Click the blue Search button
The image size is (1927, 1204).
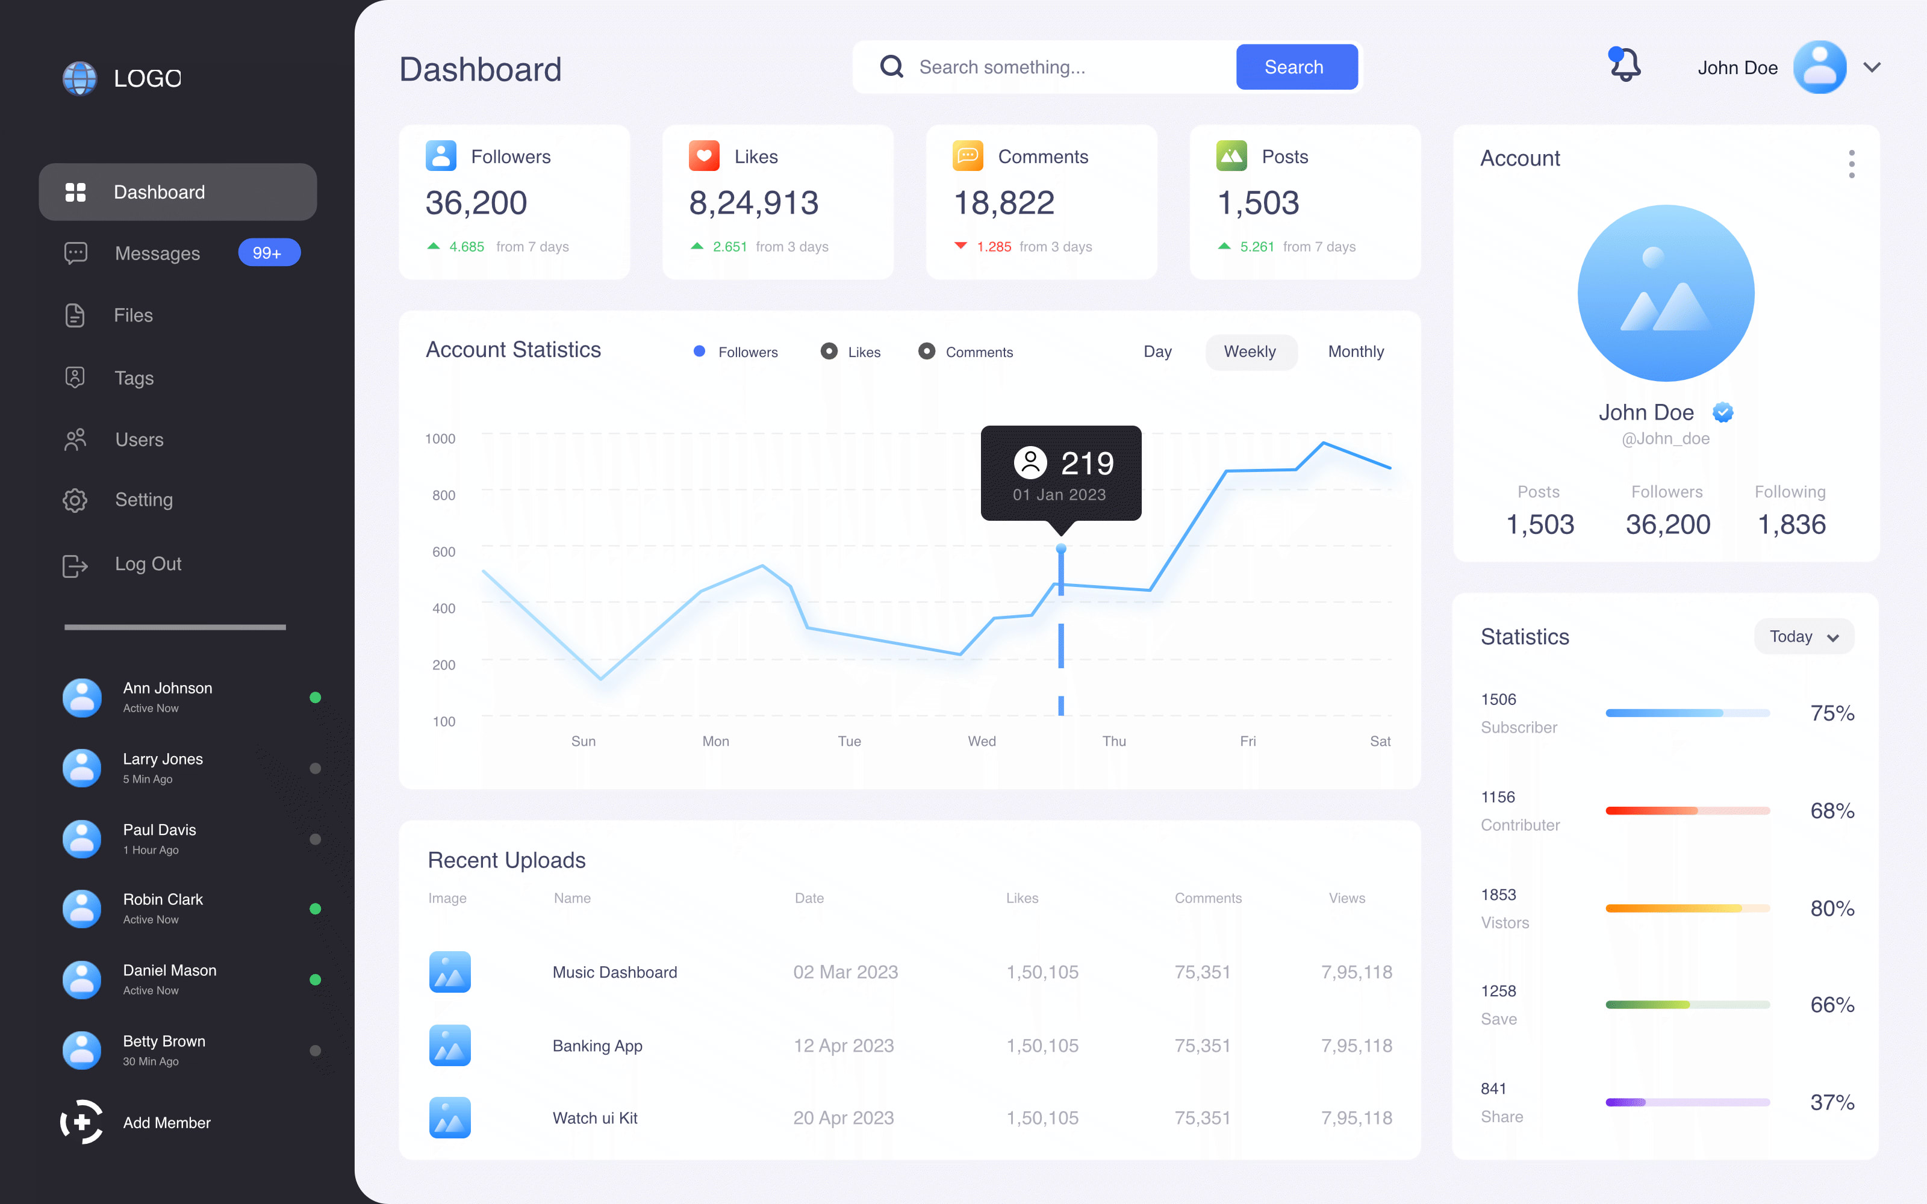coord(1295,67)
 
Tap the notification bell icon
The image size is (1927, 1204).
coord(1625,65)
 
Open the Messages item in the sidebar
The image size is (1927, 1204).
coord(157,253)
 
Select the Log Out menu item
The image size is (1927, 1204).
coord(148,564)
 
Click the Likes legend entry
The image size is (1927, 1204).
coord(852,352)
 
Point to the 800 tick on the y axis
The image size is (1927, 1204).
coord(444,495)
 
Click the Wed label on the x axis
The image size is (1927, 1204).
coord(982,741)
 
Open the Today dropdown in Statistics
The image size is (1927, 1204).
coord(1804,636)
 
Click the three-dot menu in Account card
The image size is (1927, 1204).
coord(1851,164)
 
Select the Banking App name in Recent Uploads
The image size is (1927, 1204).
coord(597,1046)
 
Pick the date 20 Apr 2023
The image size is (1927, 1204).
coord(843,1118)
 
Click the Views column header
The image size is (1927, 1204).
coord(1346,898)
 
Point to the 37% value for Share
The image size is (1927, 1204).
coord(1831,1102)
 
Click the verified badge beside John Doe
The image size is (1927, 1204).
coord(1722,412)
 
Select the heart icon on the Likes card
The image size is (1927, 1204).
coord(704,155)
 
